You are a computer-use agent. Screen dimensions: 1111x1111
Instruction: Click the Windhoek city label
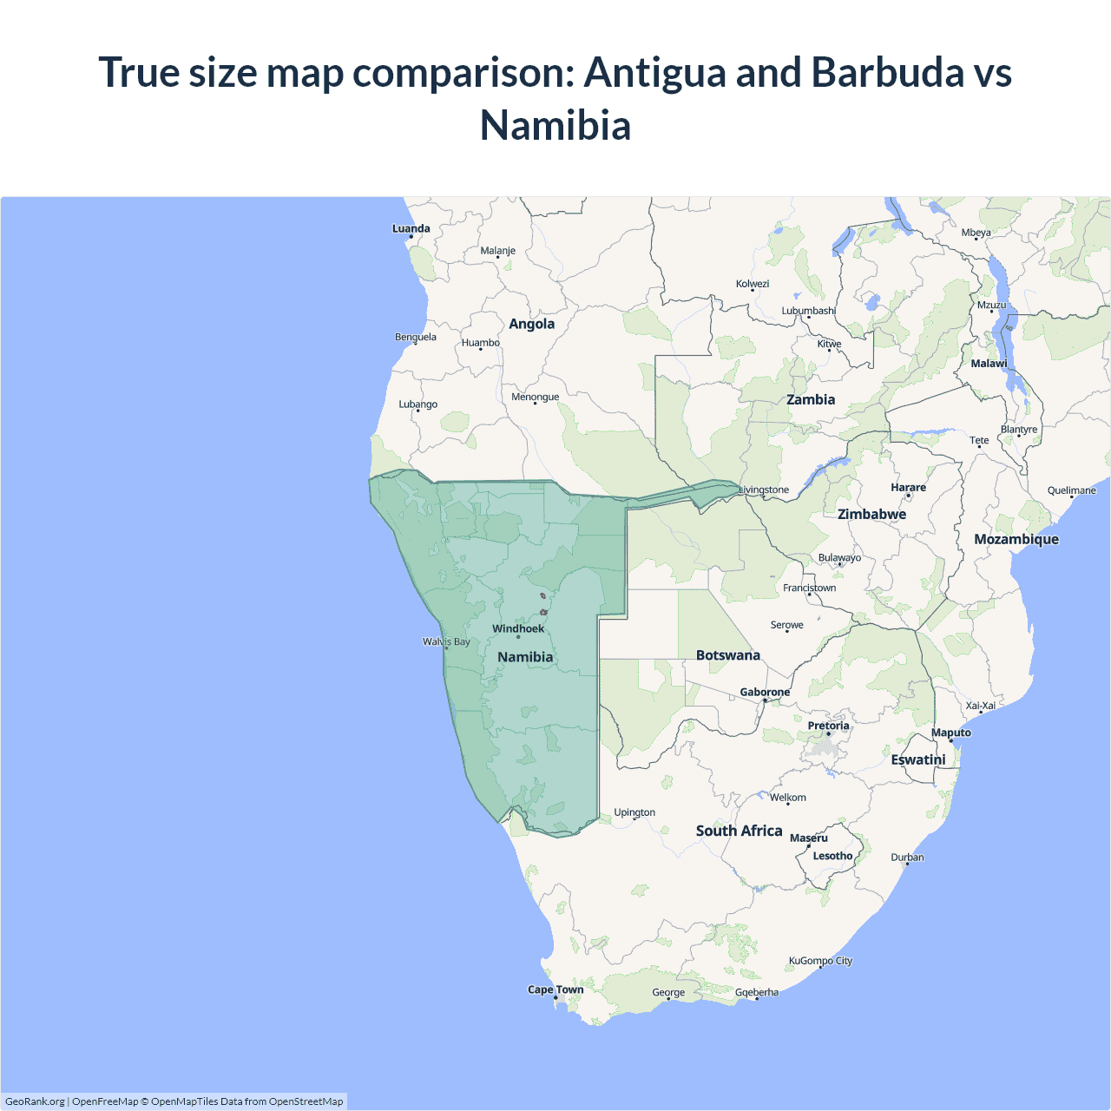tap(518, 628)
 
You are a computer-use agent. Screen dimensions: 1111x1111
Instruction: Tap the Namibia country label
tap(525, 657)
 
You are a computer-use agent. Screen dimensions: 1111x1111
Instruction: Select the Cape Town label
tap(555, 989)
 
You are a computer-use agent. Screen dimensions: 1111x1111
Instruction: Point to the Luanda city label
tap(411, 229)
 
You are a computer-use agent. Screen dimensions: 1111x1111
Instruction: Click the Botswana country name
tap(727, 655)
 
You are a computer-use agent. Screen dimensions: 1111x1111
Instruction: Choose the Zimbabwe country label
tap(871, 514)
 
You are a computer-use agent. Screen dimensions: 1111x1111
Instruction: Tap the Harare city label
tap(908, 488)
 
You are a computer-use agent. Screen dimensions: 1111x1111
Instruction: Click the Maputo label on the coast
tap(950, 733)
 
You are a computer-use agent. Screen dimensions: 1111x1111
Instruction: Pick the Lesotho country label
tap(832, 856)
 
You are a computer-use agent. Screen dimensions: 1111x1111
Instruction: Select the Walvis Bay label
tap(446, 642)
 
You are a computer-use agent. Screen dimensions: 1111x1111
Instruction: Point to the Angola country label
tap(531, 324)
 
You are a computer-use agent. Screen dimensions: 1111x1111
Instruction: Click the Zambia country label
tap(811, 399)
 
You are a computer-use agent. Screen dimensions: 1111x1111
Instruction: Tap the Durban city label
tap(907, 858)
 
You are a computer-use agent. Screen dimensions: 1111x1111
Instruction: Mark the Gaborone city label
tap(765, 692)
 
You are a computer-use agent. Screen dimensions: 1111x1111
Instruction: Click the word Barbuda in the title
tap(887, 72)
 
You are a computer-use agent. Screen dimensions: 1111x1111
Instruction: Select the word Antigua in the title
tap(654, 72)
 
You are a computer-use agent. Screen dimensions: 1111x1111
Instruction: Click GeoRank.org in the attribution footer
tap(35, 1101)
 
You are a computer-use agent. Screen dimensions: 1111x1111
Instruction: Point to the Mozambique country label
tap(1016, 539)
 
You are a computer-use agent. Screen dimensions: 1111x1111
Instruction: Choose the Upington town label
tap(634, 812)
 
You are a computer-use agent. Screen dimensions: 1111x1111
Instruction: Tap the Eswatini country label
tap(917, 759)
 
